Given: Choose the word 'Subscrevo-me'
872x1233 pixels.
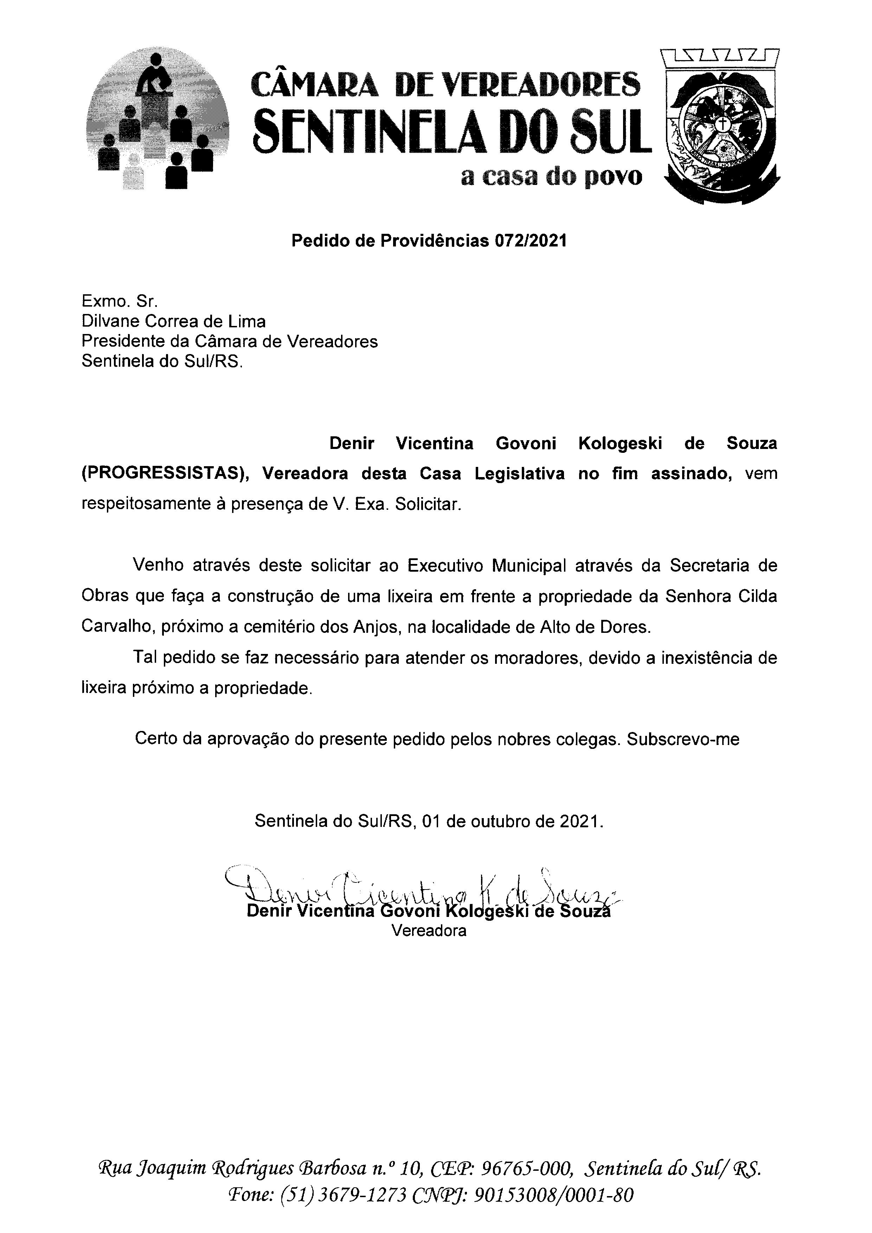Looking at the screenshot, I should [x=683, y=739].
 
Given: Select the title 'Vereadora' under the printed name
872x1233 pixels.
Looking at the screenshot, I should [x=429, y=931].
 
